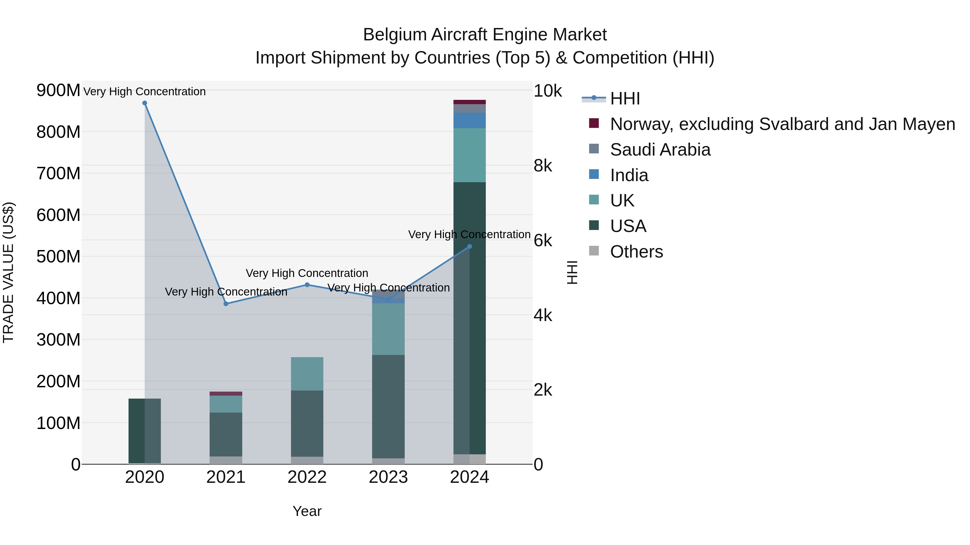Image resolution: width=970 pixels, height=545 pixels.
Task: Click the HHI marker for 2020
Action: coord(145,103)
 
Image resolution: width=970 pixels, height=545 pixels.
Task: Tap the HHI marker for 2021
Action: coord(226,304)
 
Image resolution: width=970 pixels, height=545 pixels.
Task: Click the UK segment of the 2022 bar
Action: coord(307,374)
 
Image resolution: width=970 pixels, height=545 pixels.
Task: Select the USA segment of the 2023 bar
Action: coord(388,406)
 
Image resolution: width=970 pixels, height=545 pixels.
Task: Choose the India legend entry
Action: coord(629,175)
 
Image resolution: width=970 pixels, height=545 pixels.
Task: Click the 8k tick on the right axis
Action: coord(543,166)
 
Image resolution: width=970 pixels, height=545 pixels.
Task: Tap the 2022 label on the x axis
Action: coord(307,477)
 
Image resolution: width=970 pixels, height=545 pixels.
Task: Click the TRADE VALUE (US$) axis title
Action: coord(8,272)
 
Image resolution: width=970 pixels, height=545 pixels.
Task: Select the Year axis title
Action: coord(307,511)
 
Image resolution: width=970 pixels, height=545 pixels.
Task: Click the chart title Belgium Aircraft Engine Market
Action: coord(485,35)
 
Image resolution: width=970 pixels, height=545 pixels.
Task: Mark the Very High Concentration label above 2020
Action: coord(145,92)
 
